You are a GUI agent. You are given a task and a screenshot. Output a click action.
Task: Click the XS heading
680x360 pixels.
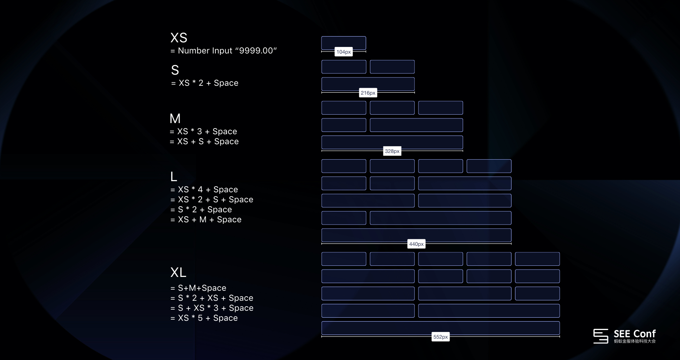point(179,38)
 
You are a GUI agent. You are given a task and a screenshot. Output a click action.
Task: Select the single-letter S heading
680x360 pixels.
point(175,70)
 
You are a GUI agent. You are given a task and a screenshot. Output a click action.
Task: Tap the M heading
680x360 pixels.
point(175,118)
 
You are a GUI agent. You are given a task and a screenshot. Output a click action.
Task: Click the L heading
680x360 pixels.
point(174,177)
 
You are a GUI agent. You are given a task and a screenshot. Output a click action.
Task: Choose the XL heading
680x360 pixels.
point(178,272)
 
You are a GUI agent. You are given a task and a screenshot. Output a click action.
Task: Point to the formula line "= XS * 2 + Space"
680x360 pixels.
point(205,83)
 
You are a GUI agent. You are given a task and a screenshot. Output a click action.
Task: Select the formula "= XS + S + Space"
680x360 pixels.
point(204,142)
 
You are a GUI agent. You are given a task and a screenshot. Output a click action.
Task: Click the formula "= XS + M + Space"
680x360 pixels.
point(206,220)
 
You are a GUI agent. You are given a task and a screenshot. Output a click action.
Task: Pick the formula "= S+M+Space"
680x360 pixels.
point(198,288)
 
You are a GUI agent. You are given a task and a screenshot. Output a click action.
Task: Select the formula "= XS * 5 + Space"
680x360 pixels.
point(204,318)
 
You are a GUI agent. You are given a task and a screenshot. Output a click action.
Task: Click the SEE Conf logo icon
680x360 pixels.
point(600,336)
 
